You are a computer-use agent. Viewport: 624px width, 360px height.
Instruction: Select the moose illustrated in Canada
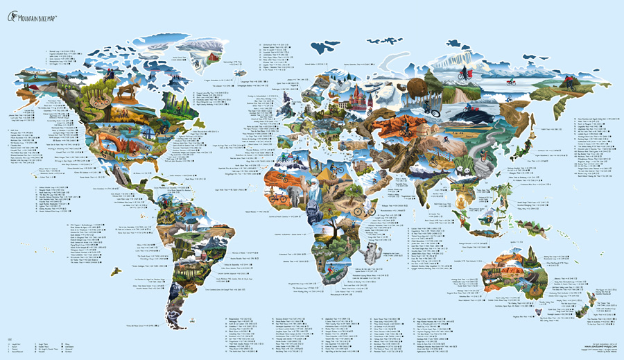[x=126, y=90]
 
